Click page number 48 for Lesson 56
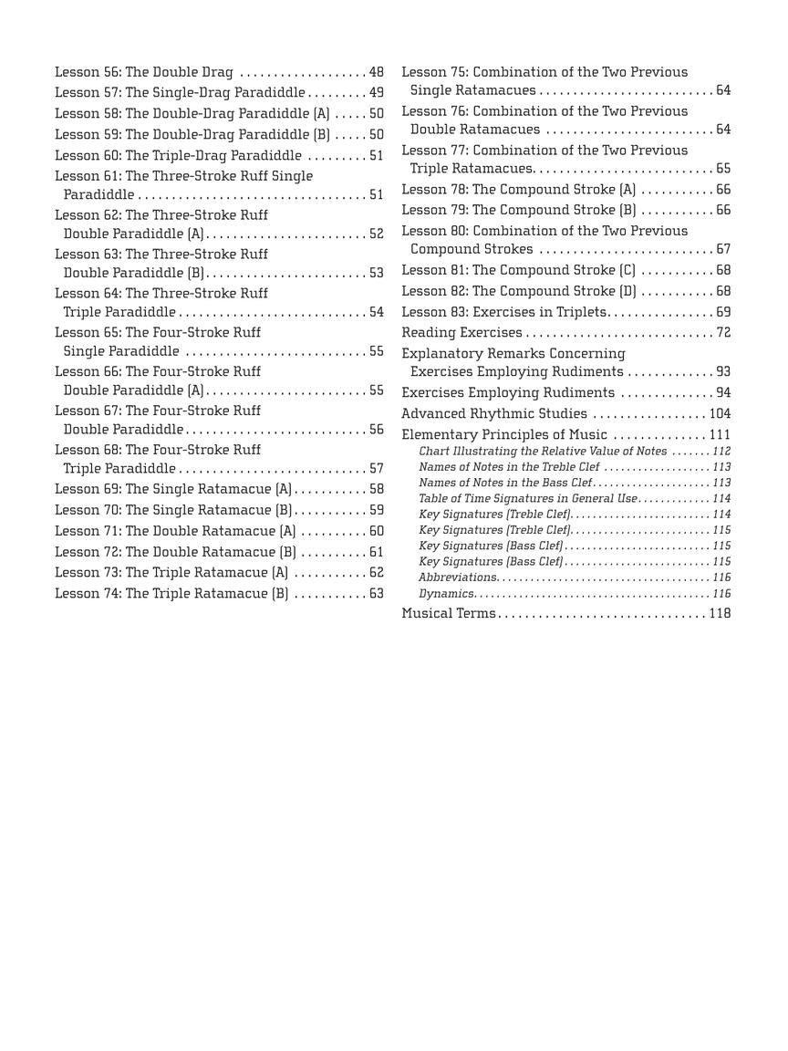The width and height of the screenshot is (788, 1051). (376, 72)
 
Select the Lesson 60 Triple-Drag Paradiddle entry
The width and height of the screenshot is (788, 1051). (178, 156)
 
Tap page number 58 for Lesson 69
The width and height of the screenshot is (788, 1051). (376, 490)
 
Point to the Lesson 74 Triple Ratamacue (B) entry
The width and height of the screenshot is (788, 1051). (171, 594)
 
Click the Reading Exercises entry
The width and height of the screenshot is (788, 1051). (461, 333)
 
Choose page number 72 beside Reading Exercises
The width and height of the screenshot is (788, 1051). (722, 333)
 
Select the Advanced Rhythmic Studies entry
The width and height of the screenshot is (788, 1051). (493, 414)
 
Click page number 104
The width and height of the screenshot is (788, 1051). (720, 414)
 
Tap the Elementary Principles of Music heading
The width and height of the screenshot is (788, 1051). (503, 435)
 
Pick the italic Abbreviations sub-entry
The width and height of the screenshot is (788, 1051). (458, 578)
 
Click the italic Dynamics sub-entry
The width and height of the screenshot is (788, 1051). (446, 594)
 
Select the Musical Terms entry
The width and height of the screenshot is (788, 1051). (448, 614)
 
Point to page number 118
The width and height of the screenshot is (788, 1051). (720, 614)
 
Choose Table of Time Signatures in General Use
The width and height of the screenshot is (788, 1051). (528, 499)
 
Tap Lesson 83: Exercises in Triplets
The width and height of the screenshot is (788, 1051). (503, 312)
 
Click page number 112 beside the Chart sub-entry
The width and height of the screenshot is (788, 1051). (721, 452)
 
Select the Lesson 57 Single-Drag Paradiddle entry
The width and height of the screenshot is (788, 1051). (180, 93)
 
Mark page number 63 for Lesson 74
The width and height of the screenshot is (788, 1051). (376, 594)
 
